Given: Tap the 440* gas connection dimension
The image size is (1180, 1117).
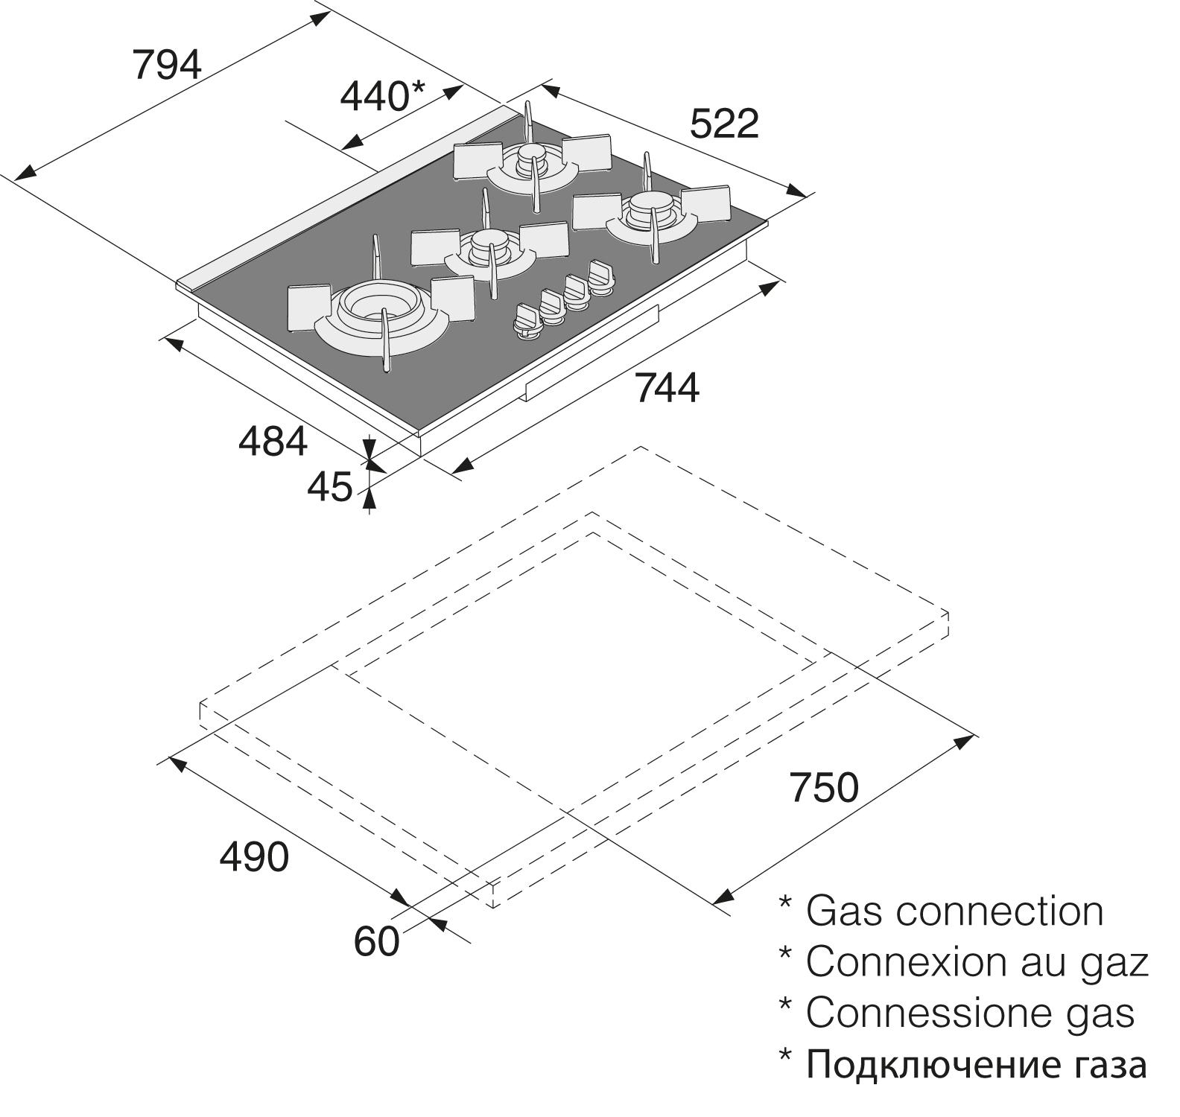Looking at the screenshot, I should [382, 96].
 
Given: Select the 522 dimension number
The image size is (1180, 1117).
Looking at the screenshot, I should [724, 124].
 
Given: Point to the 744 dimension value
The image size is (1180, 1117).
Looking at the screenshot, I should [667, 389].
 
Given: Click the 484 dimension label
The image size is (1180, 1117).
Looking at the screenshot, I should [273, 442].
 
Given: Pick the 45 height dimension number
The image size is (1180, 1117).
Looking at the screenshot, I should [329, 487].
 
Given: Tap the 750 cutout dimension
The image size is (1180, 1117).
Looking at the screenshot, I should [825, 787].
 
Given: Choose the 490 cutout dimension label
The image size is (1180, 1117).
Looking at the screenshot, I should [254, 857].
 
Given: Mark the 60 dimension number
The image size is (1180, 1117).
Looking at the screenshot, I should [376, 941].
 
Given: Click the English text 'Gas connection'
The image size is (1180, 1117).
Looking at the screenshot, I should [954, 911].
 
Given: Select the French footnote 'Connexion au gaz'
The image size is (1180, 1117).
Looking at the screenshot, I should [977, 961].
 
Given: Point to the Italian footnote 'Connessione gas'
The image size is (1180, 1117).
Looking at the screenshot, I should [969, 1013].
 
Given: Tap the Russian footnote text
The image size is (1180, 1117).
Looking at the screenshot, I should [976, 1065].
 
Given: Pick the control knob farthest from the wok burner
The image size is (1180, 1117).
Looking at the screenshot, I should [600, 275].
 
